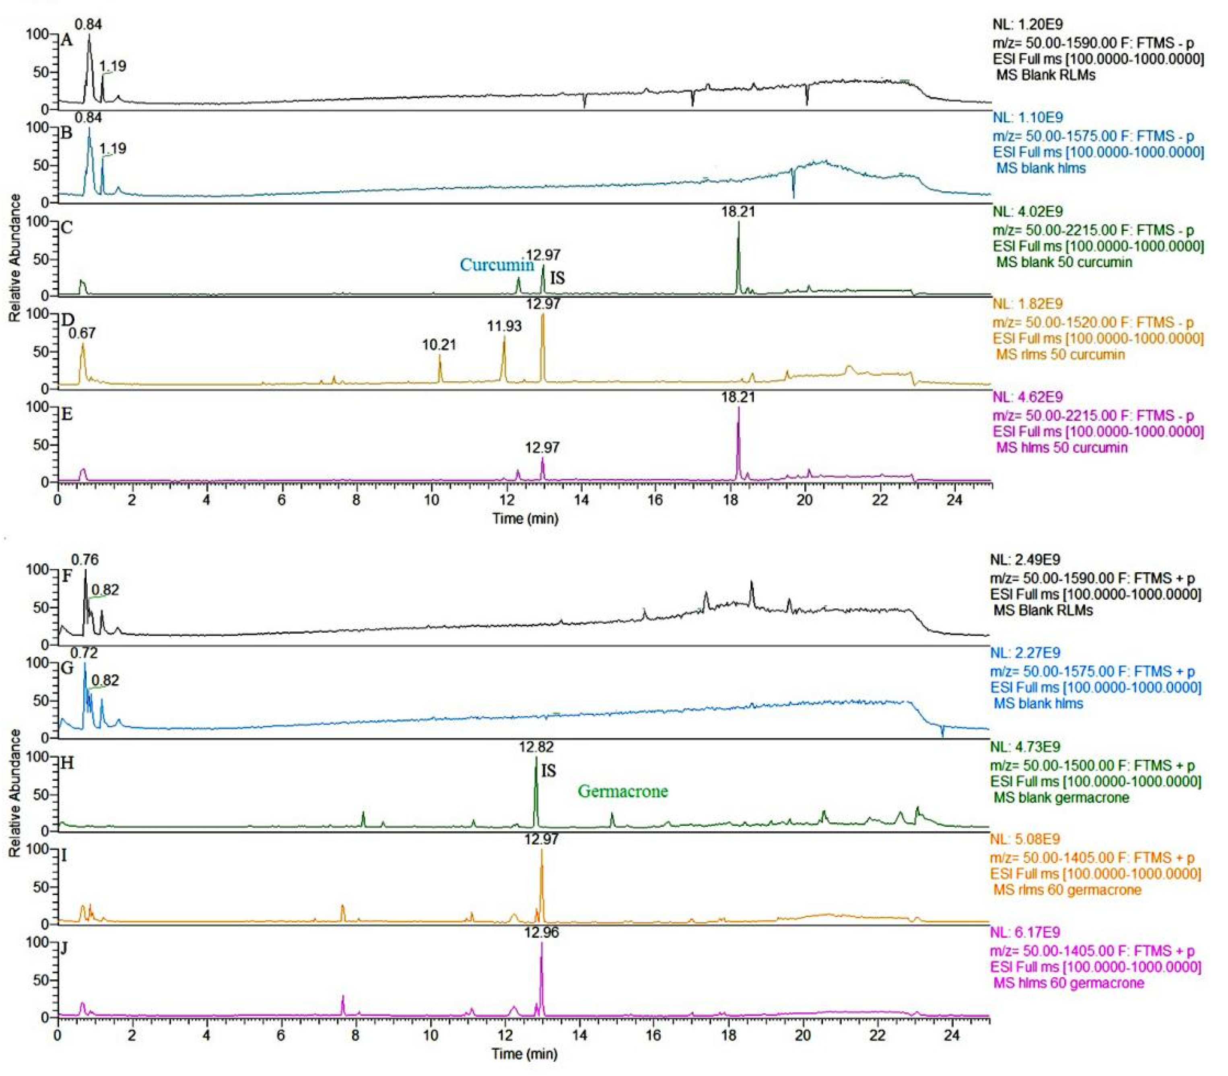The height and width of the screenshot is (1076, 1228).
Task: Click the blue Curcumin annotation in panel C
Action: click(x=497, y=265)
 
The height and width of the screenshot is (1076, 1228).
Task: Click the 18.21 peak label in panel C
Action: click(x=738, y=211)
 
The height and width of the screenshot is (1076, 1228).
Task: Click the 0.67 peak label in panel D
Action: click(x=82, y=333)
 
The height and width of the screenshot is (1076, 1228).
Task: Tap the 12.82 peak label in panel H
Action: click(x=536, y=747)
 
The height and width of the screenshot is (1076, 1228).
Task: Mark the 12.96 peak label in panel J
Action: click(x=541, y=932)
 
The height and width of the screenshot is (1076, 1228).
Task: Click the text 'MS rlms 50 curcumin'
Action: click(x=1060, y=354)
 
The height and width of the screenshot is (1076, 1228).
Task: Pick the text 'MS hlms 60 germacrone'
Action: click(x=1068, y=983)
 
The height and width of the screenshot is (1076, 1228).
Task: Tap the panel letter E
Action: click(x=67, y=414)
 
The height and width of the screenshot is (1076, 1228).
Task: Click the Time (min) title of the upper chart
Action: click(x=525, y=519)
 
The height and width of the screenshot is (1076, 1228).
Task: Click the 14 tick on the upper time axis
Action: click(x=581, y=500)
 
